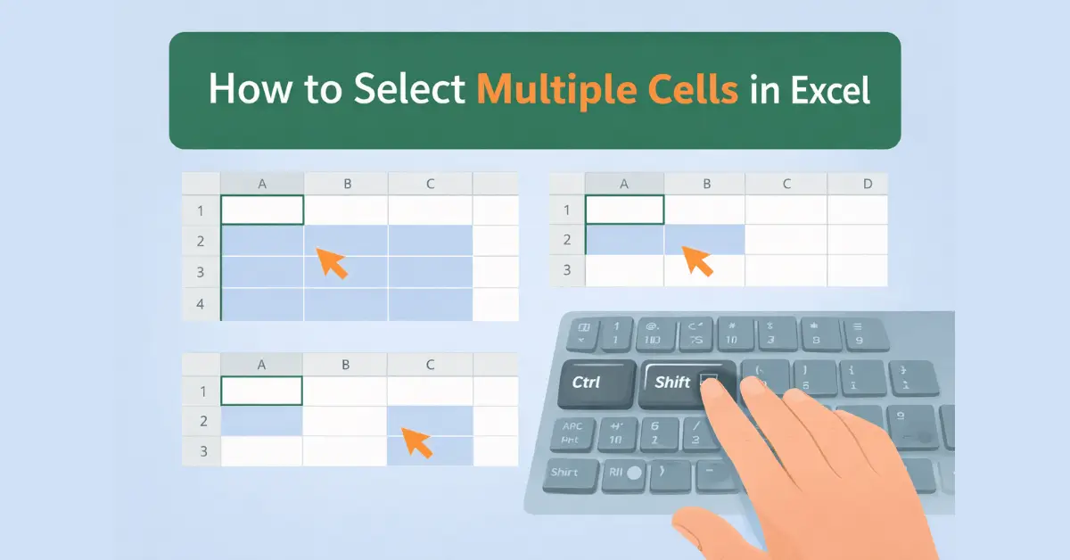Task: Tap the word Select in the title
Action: tap(409, 91)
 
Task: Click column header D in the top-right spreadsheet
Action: tap(868, 185)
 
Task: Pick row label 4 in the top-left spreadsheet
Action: tap(201, 304)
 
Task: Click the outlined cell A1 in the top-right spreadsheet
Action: tap(624, 210)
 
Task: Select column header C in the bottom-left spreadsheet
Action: tap(430, 364)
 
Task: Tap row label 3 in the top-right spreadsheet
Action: tap(566, 269)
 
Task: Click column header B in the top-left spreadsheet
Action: tap(346, 185)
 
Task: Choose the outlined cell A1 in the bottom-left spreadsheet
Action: tap(261, 391)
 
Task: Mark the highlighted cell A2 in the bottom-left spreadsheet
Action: tap(261, 421)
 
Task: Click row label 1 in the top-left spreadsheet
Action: tap(201, 211)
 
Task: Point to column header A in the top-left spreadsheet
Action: tap(262, 185)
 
